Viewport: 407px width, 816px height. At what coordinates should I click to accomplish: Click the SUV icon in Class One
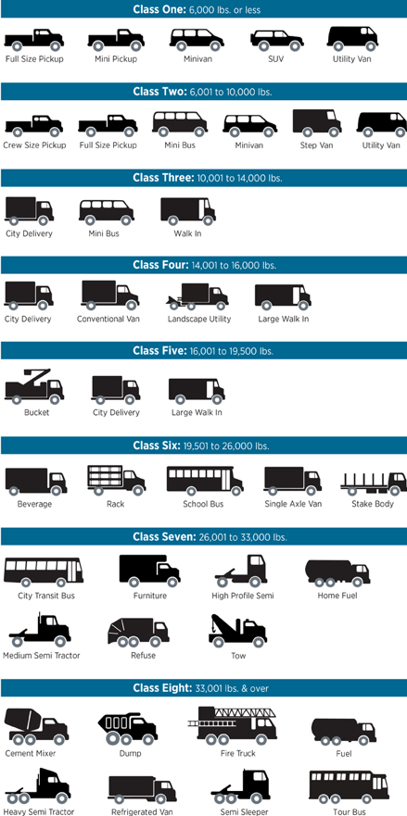pos(276,41)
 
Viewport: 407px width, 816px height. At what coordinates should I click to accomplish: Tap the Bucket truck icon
pos(34,386)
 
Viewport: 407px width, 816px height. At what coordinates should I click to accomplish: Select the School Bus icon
pos(205,481)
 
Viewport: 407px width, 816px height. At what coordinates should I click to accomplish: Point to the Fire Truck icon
pos(233,724)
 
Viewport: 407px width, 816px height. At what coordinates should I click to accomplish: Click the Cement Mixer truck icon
pos(36,726)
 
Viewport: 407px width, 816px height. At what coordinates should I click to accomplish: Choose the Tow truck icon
pos(237,631)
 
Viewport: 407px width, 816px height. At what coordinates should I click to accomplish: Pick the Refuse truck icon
pos(138,633)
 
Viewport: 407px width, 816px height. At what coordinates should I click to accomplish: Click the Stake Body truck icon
pos(374,483)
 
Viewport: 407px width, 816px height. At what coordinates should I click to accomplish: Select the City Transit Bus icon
pos(44,571)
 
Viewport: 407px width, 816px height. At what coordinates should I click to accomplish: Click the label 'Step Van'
pos(316,145)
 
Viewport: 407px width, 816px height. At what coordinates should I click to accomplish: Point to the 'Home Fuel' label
pos(337,596)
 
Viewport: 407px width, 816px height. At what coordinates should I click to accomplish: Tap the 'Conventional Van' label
pos(108,319)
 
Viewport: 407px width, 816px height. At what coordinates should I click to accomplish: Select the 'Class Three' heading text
pos(163,178)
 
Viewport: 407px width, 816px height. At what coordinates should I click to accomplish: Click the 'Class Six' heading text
pos(157,446)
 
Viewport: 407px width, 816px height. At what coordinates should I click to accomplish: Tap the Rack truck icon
pos(116,481)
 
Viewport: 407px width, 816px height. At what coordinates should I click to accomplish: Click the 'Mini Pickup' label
pos(116,58)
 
